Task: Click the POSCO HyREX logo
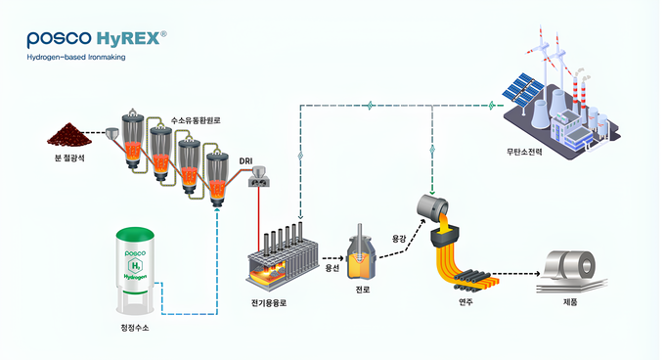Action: (x=97, y=38)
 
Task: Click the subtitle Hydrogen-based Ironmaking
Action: (x=76, y=57)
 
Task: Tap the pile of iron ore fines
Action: (x=69, y=134)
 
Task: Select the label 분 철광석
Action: (x=69, y=158)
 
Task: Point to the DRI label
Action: (x=245, y=161)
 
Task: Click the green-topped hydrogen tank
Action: (x=135, y=270)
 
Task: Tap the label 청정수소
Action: (x=135, y=328)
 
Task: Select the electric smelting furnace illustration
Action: (x=282, y=255)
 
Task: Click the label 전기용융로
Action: (x=269, y=303)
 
